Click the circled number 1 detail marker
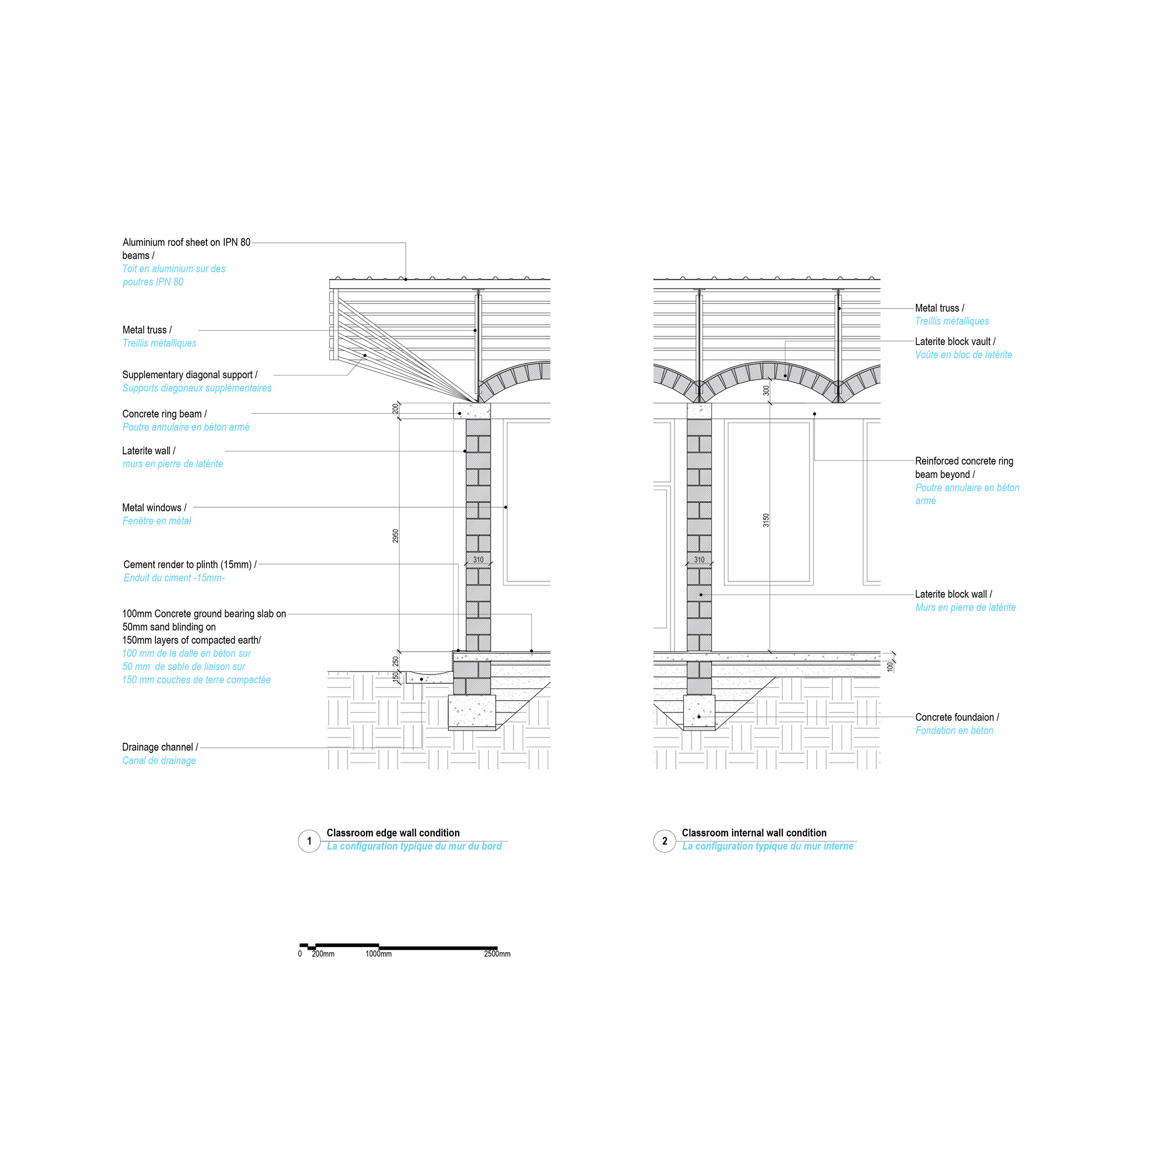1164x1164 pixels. click(x=309, y=841)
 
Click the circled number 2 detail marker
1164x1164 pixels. click(x=665, y=841)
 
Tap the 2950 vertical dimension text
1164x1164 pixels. click(x=396, y=535)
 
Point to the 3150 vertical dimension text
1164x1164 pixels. click(x=766, y=520)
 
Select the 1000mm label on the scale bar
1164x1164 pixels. click(x=378, y=954)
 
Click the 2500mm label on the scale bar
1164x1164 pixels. click(x=497, y=954)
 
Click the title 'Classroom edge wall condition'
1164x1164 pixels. click(x=393, y=833)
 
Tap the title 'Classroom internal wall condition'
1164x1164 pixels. click(x=754, y=833)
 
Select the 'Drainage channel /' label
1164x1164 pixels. click(x=159, y=747)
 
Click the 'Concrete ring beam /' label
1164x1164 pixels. click(x=165, y=414)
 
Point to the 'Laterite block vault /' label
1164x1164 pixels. click(x=955, y=342)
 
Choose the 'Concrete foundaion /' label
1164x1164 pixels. click(x=957, y=717)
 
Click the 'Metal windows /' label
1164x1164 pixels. click(x=154, y=508)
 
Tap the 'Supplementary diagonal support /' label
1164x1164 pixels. click(x=190, y=375)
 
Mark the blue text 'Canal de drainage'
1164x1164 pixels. click(x=159, y=760)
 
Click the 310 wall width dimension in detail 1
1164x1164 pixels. click(x=478, y=560)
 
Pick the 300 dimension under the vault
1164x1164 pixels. click(x=766, y=391)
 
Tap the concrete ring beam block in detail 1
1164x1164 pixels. click(x=472, y=411)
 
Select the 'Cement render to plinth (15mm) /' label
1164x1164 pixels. click(x=190, y=565)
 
